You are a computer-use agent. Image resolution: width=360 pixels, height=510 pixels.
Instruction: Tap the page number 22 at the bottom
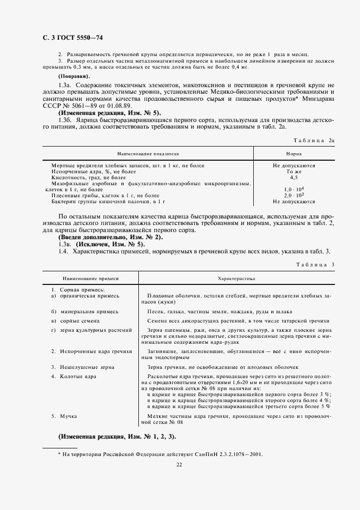179,464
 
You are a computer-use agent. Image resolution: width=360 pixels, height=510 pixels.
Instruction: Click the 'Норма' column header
294,154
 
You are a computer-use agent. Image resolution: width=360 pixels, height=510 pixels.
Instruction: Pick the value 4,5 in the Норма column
294,178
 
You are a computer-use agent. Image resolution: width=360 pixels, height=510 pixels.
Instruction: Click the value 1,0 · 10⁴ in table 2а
294,189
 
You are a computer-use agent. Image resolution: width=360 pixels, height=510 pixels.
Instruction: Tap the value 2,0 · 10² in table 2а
294,195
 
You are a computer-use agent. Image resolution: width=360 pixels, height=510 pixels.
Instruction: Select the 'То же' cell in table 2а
294,172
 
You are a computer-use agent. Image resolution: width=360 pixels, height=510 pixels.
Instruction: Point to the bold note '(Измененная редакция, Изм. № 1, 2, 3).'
117,438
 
